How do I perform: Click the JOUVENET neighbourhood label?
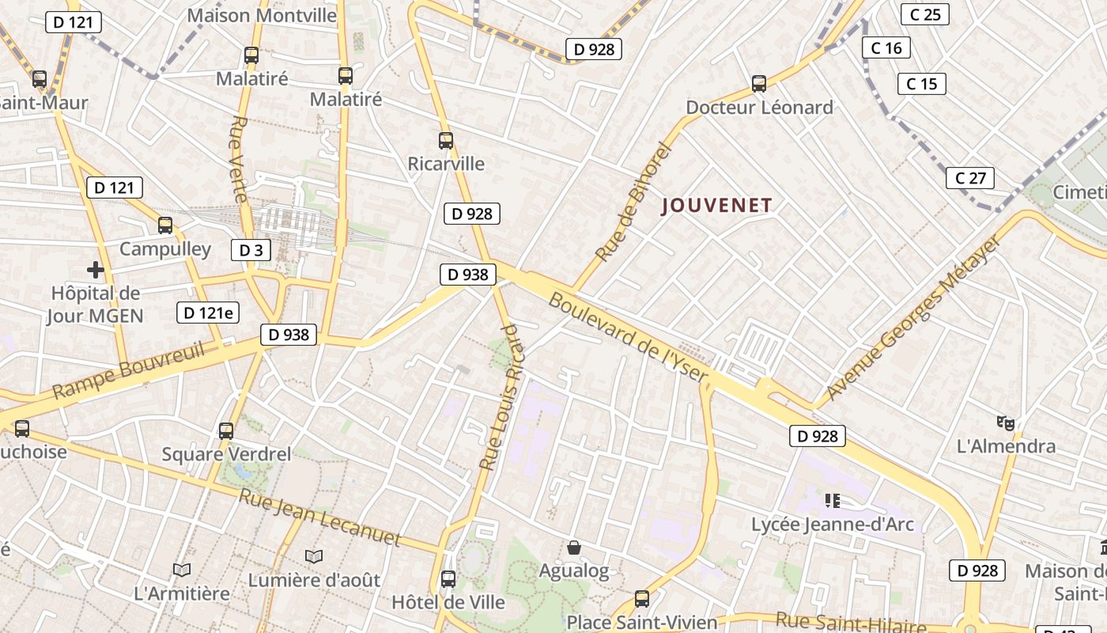[716, 206]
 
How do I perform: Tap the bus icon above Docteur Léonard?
[759, 83]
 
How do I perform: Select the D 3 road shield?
[251, 250]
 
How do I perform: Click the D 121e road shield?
[208, 313]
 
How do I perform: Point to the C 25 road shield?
[925, 14]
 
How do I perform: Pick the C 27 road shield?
[970, 178]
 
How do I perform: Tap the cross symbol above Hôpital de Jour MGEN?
[96, 270]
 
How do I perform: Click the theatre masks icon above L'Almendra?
[1006, 423]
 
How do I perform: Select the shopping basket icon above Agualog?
[575, 548]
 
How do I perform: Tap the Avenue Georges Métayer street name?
[913, 317]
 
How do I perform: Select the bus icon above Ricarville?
[446, 141]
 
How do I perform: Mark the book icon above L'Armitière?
[182, 570]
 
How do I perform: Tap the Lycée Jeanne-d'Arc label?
[833, 524]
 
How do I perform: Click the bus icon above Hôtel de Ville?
[448, 579]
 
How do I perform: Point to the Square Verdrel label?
[226, 454]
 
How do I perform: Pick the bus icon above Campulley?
[165, 226]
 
